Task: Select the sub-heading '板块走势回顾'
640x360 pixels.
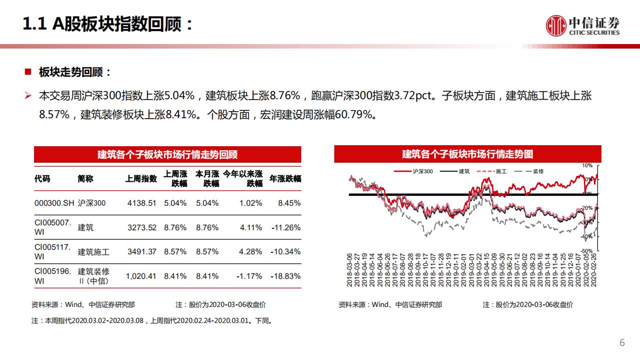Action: click(x=75, y=72)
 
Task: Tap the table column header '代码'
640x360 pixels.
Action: click(x=42, y=179)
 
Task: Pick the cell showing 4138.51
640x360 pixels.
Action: click(x=142, y=203)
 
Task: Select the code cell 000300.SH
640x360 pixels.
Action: click(x=54, y=203)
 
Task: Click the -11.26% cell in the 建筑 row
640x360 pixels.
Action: click(x=286, y=227)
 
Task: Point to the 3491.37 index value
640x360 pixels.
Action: click(x=142, y=252)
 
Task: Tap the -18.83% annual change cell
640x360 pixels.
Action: click(x=286, y=276)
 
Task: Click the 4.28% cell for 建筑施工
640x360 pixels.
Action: click(x=251, y=252)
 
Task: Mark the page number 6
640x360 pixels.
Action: click(x=622, y=343)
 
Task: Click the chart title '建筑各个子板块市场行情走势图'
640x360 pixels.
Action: click(x=467, y=154)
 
